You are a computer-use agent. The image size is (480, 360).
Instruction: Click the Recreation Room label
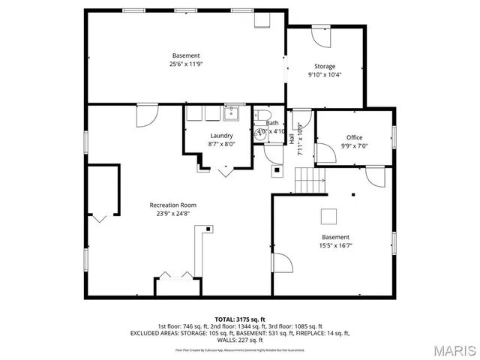click(x=172, y=205)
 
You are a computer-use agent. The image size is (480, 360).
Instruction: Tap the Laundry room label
click(x=221, y=136)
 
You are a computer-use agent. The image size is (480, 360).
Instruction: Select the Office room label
click(x=354, y=137)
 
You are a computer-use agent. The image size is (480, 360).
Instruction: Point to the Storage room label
click(x=325, y=66)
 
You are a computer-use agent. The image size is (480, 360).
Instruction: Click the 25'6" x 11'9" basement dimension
click(x=186, y=64)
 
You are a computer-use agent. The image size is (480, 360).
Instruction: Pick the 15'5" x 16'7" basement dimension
click(x=335, y=245)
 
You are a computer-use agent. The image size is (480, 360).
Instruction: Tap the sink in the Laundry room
click(x=231, y=113)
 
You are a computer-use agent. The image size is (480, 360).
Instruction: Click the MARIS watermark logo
click(x=449, y=349)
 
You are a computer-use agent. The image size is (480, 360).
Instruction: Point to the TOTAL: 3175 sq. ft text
click(x=240, y=319)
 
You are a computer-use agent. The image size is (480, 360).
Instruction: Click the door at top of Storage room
click(x=320, y=35)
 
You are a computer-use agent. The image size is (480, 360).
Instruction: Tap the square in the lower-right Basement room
click(x=329, y=216)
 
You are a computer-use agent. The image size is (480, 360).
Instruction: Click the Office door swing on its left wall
click(x=324, y=154)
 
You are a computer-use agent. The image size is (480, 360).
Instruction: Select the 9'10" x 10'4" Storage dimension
click(x=325, y=74)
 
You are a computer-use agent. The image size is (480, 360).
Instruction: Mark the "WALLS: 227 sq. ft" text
click(x=240, y=340)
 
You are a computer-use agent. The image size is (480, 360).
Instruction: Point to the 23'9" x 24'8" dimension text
click(x=172, y=213)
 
